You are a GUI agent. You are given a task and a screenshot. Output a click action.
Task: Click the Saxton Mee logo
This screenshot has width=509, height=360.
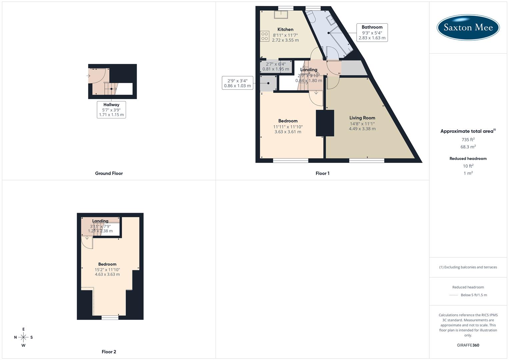coord(468,27)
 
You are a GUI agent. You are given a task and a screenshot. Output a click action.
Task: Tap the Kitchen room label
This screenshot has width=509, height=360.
coord(285,29)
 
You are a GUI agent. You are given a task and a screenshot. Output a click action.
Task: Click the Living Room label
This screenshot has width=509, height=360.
coord(362,118)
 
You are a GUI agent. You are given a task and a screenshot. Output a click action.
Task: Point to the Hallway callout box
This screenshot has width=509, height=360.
coord(111,110)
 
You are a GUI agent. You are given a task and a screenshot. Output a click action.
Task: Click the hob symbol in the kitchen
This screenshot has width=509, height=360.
coord(265,36)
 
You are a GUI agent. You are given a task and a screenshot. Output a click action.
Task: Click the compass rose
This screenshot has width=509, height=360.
coord(23,337)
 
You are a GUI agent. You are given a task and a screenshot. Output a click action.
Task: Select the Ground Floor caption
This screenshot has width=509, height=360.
coord(109,173)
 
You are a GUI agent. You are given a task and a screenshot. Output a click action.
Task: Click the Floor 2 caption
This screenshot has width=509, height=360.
coord(109,352)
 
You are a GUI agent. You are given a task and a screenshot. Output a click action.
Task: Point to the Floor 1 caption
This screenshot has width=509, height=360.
coord(322,173)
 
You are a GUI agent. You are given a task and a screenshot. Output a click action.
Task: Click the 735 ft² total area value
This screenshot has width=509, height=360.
coord(468,140)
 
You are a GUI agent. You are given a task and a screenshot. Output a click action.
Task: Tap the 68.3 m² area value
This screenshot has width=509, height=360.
coord(468,147)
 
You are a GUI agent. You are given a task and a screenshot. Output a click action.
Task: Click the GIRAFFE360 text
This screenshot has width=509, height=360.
coord(468,345)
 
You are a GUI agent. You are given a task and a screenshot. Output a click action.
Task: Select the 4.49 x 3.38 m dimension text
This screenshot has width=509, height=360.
coord(362,129)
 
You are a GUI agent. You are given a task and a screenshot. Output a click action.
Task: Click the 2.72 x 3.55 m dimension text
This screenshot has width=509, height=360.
coord(285,40)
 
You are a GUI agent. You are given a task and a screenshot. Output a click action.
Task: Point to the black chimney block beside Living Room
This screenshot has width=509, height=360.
coord(325,123)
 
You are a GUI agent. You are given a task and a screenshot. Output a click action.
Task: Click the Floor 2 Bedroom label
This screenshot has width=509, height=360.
coord(107,264)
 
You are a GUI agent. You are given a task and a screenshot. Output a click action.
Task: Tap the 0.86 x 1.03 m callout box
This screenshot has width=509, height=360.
coord(237,83)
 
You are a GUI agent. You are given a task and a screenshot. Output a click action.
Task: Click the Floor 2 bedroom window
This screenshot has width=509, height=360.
coord(110,317)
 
